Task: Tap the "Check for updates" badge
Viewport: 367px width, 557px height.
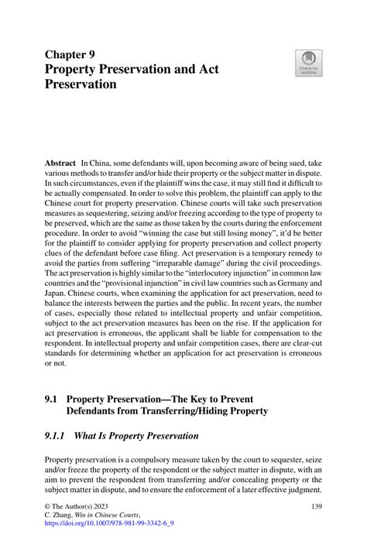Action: tap(309, 64)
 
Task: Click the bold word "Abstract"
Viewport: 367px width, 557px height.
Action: tap(60, 165)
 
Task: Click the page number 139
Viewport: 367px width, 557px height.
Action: tap(315, 506)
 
